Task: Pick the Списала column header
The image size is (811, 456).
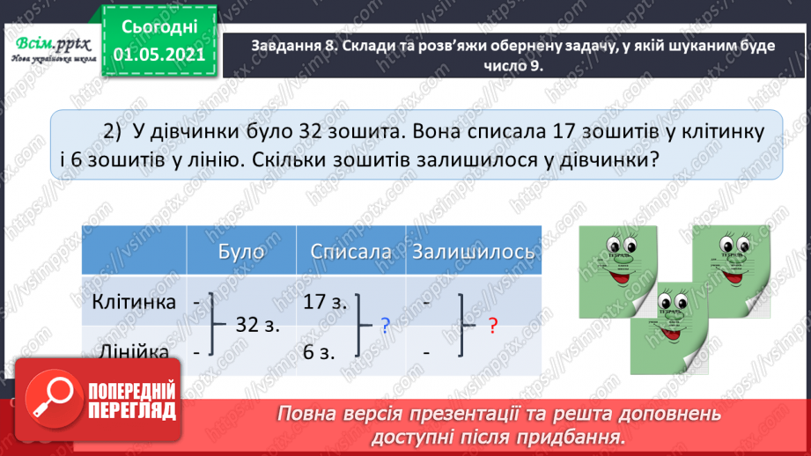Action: [x=350, y=252]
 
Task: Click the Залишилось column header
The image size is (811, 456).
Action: [x=473, y=252]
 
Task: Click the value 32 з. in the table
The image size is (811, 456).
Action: [x=259, y=326]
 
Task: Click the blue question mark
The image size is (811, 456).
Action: [x=386, y=326]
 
